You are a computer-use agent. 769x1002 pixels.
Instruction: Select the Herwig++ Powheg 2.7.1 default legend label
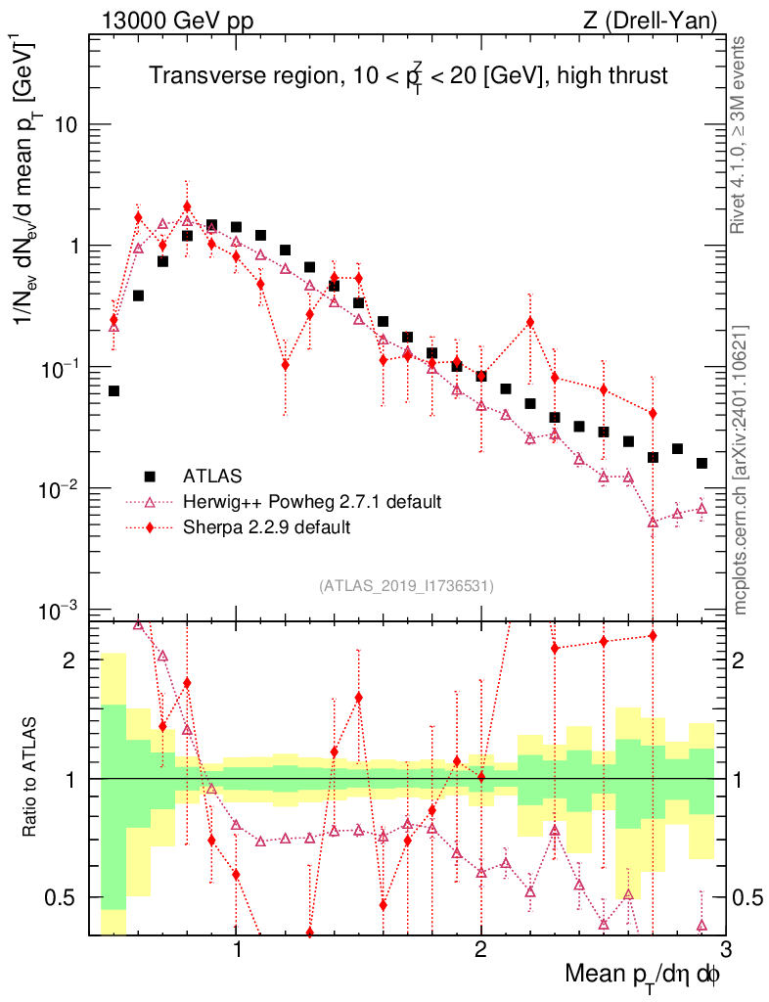coord(311,502)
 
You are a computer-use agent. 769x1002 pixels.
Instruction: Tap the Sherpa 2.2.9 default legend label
coord(266,527)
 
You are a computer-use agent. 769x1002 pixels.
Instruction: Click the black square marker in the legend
coord(150,477)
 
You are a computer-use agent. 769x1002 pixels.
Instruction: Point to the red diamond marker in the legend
coord(150,527)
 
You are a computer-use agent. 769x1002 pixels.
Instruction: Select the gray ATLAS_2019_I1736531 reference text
coord(406,586)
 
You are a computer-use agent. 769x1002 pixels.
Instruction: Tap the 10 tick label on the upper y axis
coord(65,125)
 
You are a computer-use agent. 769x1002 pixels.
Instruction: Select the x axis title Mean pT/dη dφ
coord(643,976)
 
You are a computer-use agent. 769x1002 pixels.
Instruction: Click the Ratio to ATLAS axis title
coord(32,778)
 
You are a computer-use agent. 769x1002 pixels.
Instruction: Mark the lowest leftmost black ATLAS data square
coord(113,390)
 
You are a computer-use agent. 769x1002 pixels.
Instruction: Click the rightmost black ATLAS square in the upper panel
coord(701,463)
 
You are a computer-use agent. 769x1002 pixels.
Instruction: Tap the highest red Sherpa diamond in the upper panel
coord(187,206)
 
